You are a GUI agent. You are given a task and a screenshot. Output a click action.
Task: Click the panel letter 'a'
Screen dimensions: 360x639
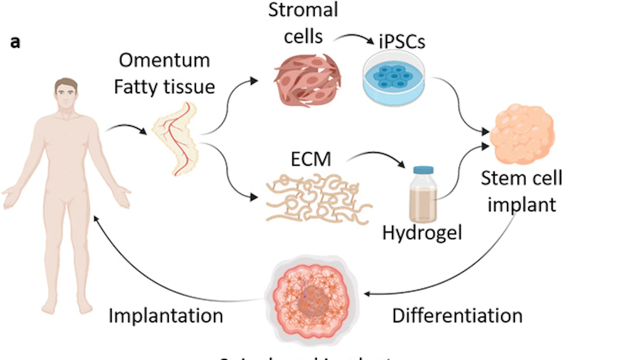[15, 43]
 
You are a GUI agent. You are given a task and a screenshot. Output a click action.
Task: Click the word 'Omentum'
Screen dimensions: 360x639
[164, 60]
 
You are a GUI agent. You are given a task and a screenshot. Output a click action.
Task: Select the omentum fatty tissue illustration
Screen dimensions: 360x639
[176, 138]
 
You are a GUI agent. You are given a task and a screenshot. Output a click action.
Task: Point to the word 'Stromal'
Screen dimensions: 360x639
[303, 10]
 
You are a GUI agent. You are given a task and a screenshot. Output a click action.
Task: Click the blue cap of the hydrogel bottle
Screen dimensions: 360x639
[423, 170]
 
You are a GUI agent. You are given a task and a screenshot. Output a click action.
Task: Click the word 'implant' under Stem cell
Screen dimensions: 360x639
[521, 204]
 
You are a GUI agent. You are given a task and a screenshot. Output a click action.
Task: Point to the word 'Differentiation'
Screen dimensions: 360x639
[457, 315]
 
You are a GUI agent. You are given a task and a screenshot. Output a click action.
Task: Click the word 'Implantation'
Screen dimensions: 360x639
[166, 315]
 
